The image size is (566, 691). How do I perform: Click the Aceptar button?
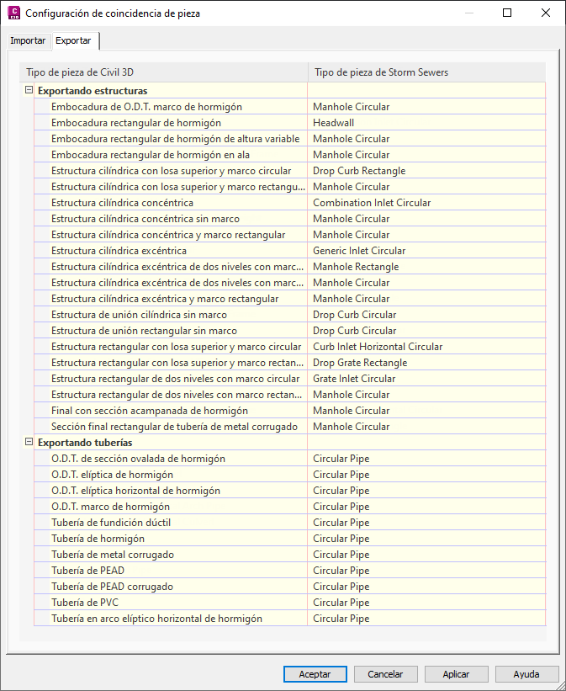pos(315,674)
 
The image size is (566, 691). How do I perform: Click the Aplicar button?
pos(457,674)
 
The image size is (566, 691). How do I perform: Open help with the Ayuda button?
pos(526,674)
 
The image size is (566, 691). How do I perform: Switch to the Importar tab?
pos(28,41)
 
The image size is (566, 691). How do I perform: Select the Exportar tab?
pos(73,41)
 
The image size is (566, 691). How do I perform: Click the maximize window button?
pos(507,13)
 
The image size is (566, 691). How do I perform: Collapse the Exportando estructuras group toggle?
pos(29,90)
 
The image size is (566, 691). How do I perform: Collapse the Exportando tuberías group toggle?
pos(29,442)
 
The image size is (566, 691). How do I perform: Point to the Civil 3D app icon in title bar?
pos(13,13)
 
